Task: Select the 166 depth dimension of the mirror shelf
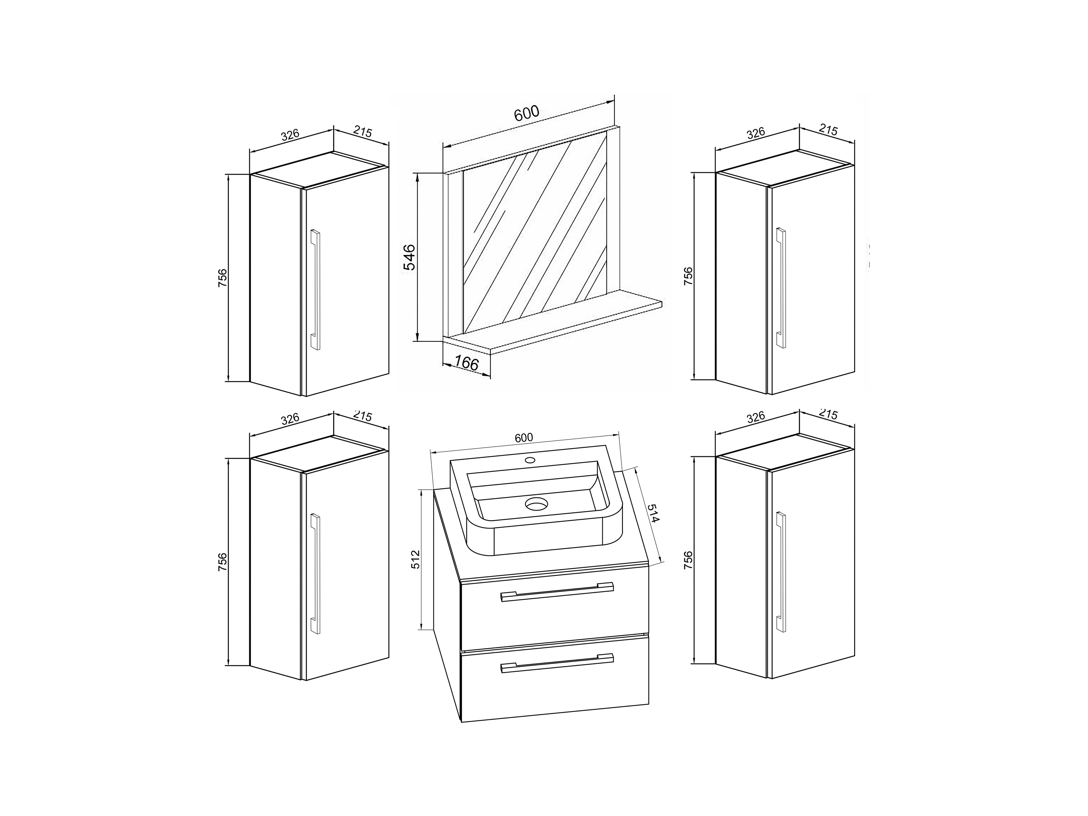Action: (466, 363)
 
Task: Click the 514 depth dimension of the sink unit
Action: (653, 513)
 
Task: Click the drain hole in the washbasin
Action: (536, 503)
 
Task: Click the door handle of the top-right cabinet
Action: (781, 288)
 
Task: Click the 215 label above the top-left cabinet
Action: (363, 132)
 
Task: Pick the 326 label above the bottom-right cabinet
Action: (756, 417)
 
